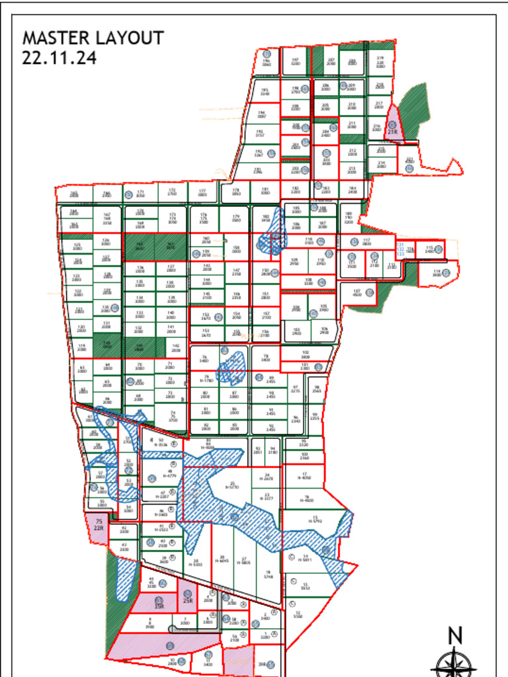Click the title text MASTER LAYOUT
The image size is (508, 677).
tap(93, 38)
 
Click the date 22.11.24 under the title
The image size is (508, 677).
tap(60, 58)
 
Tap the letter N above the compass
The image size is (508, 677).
tap(455, 636)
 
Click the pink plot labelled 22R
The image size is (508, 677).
tap(99, 528)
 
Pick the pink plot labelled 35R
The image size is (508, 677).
tap(157, 602)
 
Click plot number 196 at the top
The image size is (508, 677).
tap(267, 64)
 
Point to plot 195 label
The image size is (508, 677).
tap(265, 93)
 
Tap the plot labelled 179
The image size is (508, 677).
tap(235, 219)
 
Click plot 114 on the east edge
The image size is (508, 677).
tap(437, 272)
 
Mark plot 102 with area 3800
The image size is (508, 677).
tap(305, 354)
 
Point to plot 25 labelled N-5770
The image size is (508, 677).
tap(232, 485)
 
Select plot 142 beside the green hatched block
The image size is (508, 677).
tap(176, 347)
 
